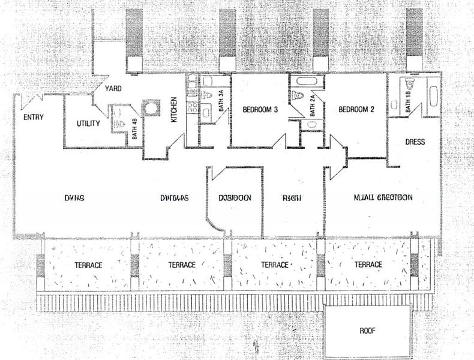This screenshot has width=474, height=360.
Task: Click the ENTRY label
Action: [x=33, y=117]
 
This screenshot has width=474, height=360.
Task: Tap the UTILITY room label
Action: [x=89, y=124]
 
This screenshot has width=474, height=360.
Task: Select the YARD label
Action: [x=113, y=89]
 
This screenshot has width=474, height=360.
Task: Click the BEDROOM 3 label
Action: [x=260, y=110]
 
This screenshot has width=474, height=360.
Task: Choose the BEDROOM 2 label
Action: [x=356, y=110]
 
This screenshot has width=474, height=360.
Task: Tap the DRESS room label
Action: [x=415, y=142]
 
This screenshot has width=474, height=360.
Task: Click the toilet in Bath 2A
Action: [x=298, y=94]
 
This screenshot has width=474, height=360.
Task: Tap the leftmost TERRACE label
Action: [x=88, y=265]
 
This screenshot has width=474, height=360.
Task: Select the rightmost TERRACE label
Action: [x=368, y=265]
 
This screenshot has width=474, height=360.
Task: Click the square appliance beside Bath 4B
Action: [x=149, y=109]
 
